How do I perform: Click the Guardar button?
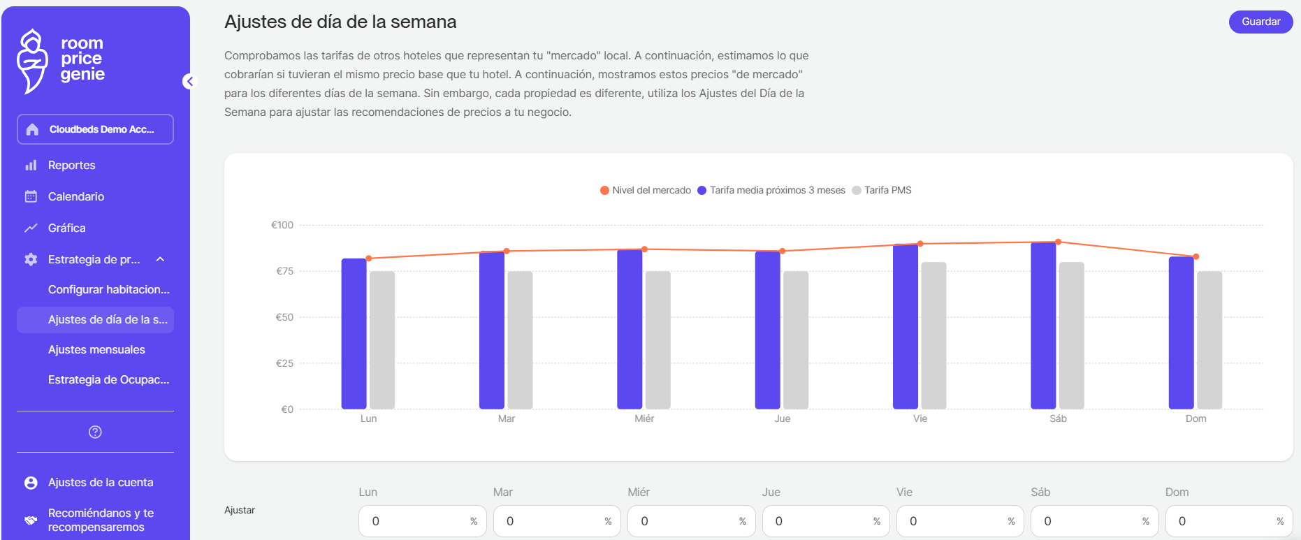(1260, 22)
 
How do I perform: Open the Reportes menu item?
(71, 166)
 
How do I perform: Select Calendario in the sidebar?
(75, 197)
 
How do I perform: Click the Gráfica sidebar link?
(66, 228)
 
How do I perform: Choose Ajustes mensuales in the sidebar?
(96, 350)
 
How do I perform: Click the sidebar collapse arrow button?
(189, 81)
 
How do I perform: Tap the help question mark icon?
(95, 432)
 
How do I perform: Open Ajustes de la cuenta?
(100, 483)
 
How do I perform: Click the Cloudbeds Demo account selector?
(95, 129)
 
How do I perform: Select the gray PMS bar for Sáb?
(1071, 335)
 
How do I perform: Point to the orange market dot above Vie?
(920, 244)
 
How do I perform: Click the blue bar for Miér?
(630, 329)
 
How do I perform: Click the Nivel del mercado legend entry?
(646, 191)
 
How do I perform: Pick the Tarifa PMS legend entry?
(882, 191)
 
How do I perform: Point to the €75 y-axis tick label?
(284, 271)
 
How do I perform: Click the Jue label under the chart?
(782, 418)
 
